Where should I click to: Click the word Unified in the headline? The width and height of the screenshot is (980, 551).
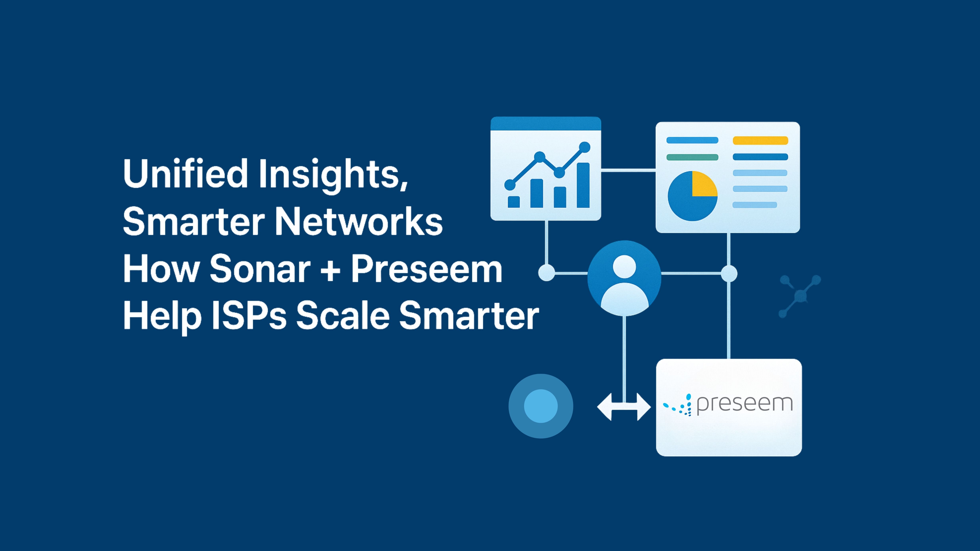[x=186, y=174]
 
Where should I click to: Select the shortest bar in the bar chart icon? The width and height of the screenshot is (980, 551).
[x=514, y=202]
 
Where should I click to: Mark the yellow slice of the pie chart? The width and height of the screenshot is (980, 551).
[x=703, y=184]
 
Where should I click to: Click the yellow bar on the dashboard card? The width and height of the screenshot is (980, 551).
[x=760, y=140]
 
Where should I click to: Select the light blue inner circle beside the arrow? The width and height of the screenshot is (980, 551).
[x=541, y=406]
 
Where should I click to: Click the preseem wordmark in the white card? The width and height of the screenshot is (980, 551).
[x=745, y=404]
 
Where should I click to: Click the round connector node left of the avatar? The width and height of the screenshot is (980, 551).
[x=547, y=273]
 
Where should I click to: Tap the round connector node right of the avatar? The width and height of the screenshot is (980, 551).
[x=729, y=273]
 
